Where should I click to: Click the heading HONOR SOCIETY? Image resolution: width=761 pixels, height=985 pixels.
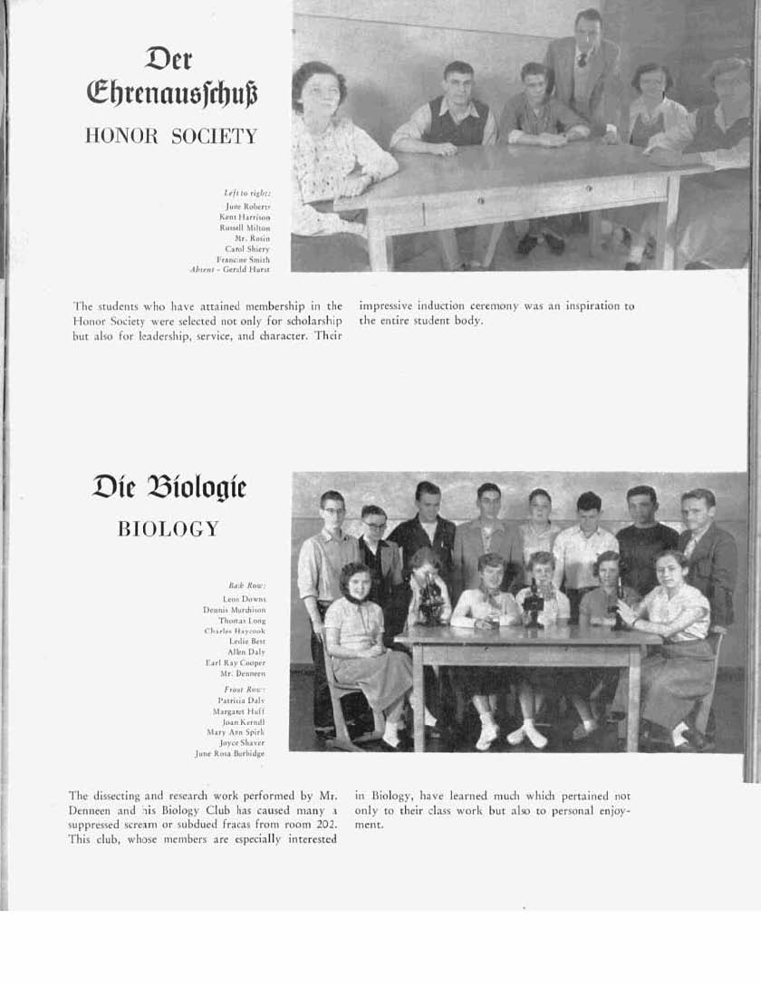tap(170, 137)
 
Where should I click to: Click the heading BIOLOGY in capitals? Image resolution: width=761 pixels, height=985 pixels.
tap(169, 529)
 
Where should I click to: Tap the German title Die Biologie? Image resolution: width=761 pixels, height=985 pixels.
tap(169, 489)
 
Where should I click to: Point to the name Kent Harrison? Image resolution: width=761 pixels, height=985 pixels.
tap(245, 217)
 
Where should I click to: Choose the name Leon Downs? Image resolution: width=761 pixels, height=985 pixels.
tap(245, 599)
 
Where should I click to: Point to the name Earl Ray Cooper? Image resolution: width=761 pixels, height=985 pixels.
tap(236, 662)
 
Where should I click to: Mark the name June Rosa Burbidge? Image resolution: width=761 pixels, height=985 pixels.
tap(230, 753)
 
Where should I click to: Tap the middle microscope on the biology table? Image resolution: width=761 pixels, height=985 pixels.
tap(534, 604)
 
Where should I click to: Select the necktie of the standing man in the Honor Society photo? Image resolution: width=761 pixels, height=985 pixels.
tap(582, 60)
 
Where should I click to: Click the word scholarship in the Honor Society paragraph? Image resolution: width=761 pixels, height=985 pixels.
tap(310, 321)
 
